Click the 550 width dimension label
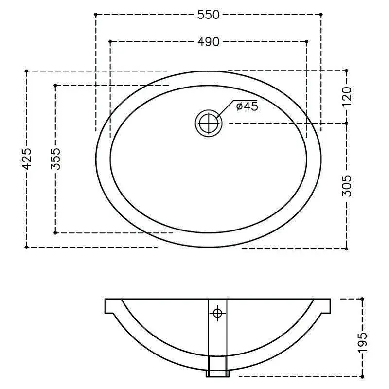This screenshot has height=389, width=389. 209,15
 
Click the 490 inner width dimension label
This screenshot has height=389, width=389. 209,42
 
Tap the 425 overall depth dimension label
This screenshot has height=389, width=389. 27,159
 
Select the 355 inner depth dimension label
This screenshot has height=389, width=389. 55,159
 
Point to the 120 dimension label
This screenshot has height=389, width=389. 347,96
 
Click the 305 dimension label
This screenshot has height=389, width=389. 347,186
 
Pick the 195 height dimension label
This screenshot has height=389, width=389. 362,342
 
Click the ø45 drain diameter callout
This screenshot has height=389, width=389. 247,106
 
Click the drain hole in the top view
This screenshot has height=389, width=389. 209,123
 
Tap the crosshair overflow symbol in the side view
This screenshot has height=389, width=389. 217,313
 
